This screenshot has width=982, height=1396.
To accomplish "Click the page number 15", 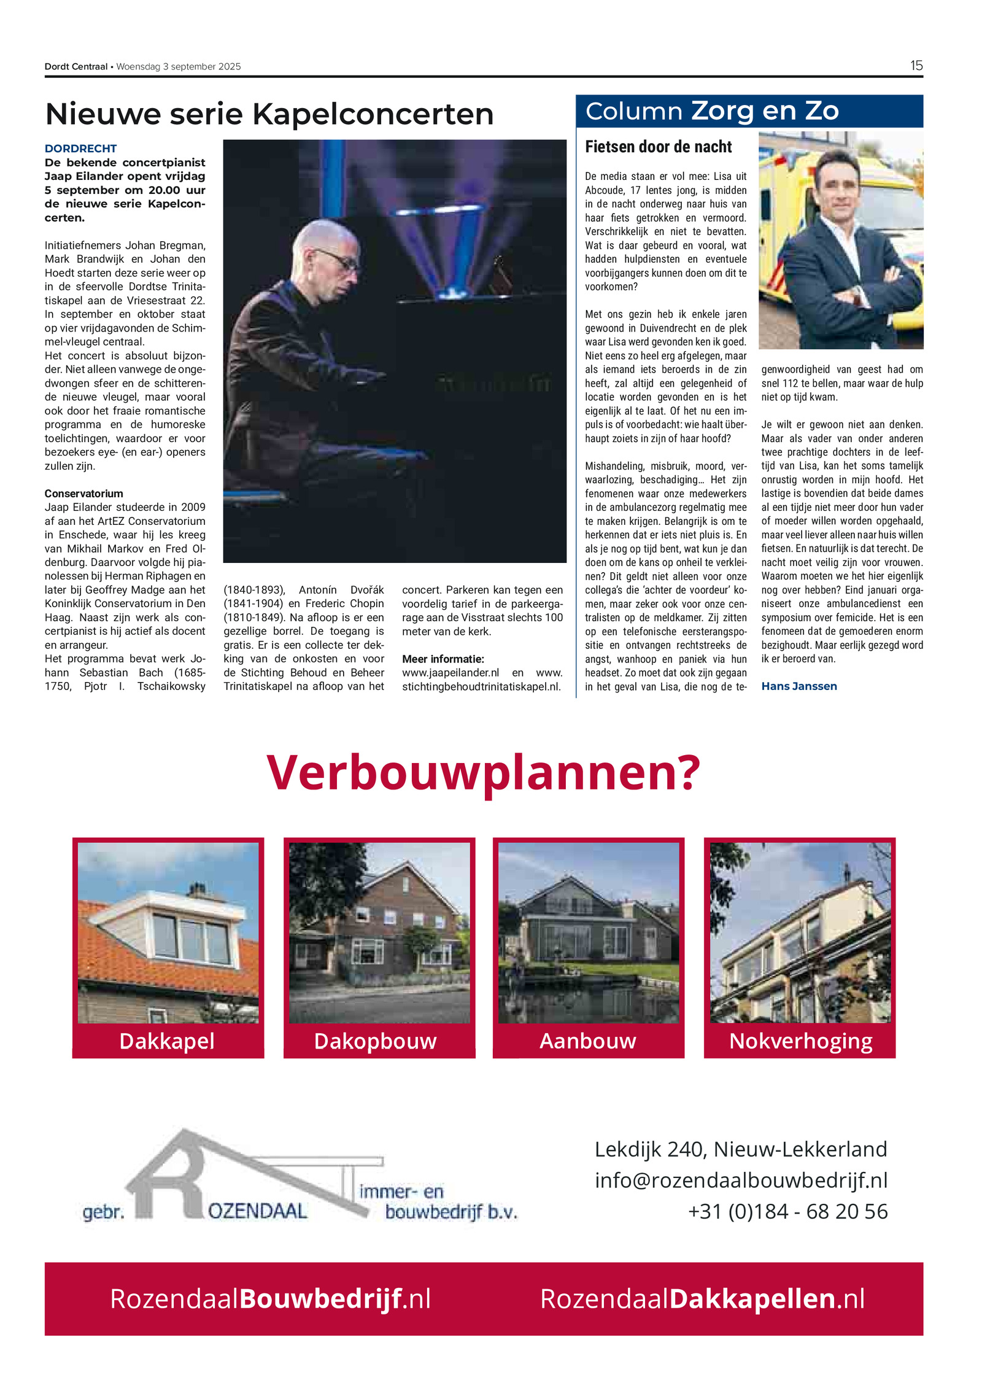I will pos(916,66).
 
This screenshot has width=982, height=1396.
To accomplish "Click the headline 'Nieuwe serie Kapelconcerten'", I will pos(269,114).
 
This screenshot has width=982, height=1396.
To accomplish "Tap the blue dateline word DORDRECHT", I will pos(80,149).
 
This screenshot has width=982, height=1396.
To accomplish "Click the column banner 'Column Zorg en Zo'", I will pos(712,111).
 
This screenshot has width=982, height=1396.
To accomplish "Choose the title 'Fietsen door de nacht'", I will pos(658,147).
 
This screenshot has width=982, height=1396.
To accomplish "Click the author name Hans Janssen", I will pos(798,686).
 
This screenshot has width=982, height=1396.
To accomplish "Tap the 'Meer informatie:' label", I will pos(443,659).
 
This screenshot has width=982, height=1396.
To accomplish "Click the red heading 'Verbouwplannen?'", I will pos(483,772).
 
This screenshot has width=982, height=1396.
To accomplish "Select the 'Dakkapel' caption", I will pos(167,1041).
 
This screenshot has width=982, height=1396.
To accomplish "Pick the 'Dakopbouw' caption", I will pos(375,1041).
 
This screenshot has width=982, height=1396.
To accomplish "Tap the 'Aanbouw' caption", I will pos(587,1041).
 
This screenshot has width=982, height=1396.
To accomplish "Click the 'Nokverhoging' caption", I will pos(800,1042).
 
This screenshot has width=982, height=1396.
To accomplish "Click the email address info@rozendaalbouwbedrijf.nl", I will pos(741,1181).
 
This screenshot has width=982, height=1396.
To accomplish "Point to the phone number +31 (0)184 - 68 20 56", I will pos(787,1212).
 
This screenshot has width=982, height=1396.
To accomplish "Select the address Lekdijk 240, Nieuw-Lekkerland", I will pos(741,1149).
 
